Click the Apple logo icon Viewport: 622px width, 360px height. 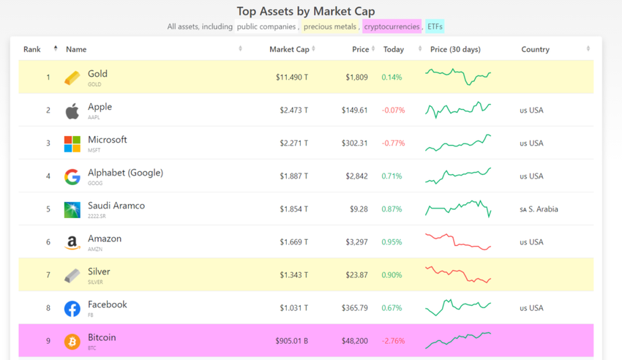click(72, 110)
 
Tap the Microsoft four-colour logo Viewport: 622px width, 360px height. click(72, 143)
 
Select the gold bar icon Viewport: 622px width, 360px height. click(72, 78)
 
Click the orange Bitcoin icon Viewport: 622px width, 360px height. click(72, 341)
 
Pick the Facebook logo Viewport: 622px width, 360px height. click(72, 308)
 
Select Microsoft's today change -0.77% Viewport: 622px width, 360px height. click(393, 143)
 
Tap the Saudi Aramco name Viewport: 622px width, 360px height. click(116, 206)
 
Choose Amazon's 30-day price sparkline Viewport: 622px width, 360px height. click(458, 241)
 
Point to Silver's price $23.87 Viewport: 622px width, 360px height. click(354, 274)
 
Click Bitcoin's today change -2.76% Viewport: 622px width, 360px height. click(393, 340)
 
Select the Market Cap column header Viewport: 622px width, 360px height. click(289, 49)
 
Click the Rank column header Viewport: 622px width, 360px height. click(32, 49)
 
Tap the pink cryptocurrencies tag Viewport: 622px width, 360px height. click(391, 26)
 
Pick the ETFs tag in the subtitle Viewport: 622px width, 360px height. click(435, 26)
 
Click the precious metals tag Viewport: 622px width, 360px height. click(330, 26)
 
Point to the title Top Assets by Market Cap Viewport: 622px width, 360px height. click(306, 11)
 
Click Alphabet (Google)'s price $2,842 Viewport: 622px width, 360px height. click(356, 176)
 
